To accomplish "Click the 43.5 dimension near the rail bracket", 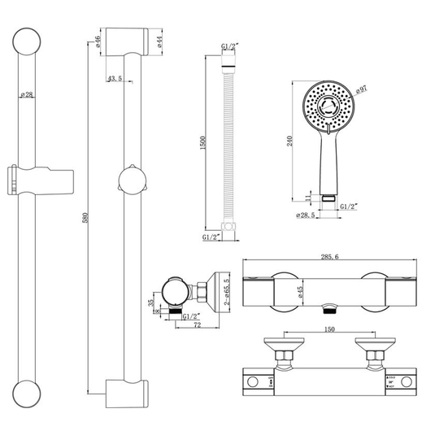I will (114, 79).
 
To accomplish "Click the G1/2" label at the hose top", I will (229, 49).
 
